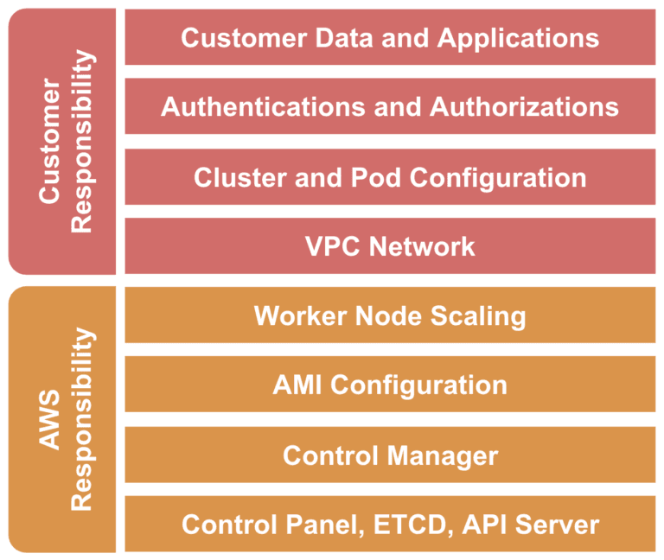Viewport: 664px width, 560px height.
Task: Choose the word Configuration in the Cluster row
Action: click(498, 177)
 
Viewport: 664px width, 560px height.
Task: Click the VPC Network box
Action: click(390, 246)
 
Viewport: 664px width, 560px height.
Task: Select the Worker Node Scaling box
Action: click(390, 315)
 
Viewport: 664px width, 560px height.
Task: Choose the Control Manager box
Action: click(390, 455)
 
